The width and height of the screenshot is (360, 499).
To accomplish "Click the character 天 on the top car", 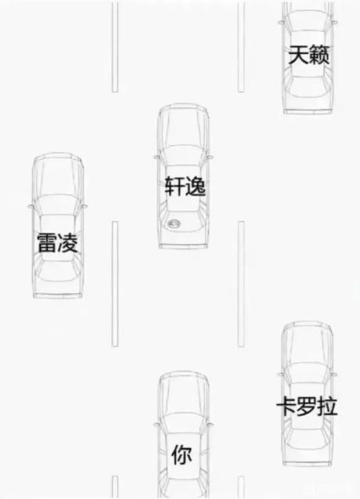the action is [298, 55].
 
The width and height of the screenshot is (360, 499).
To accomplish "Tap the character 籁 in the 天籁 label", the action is [319, 55].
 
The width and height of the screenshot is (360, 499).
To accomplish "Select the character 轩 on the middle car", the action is [175, 186].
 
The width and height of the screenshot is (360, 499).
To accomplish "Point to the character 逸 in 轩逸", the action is [196, 186].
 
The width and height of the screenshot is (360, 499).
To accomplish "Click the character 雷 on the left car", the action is [47, 243].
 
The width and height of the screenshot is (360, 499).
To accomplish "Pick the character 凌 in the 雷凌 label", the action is [68, 243].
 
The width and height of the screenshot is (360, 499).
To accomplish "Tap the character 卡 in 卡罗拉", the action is [286, 407].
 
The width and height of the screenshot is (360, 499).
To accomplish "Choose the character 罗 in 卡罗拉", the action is [307, 407].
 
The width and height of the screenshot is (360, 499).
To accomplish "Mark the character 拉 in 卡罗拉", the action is [327, 407].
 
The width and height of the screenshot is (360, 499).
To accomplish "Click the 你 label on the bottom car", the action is [182, 455].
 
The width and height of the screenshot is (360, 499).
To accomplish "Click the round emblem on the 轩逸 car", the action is [175, 224].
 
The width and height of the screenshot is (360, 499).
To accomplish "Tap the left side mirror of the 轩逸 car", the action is [157, 157].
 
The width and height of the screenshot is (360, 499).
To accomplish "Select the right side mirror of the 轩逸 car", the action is [210, 157].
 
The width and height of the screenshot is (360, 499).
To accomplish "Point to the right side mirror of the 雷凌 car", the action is [85, 206].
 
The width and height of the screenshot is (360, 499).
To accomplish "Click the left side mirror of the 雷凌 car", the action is [31, 206].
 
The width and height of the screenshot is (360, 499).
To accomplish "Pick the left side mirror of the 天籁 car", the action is [280, 22].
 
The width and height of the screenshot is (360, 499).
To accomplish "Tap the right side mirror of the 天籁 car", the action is [334, 22].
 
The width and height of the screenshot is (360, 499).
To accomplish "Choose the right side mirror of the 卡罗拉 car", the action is [334, 374].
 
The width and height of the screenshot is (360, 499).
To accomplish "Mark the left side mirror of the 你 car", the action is [157, 425].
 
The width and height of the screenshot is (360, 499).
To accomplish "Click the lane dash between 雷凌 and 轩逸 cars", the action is [115, 284].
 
